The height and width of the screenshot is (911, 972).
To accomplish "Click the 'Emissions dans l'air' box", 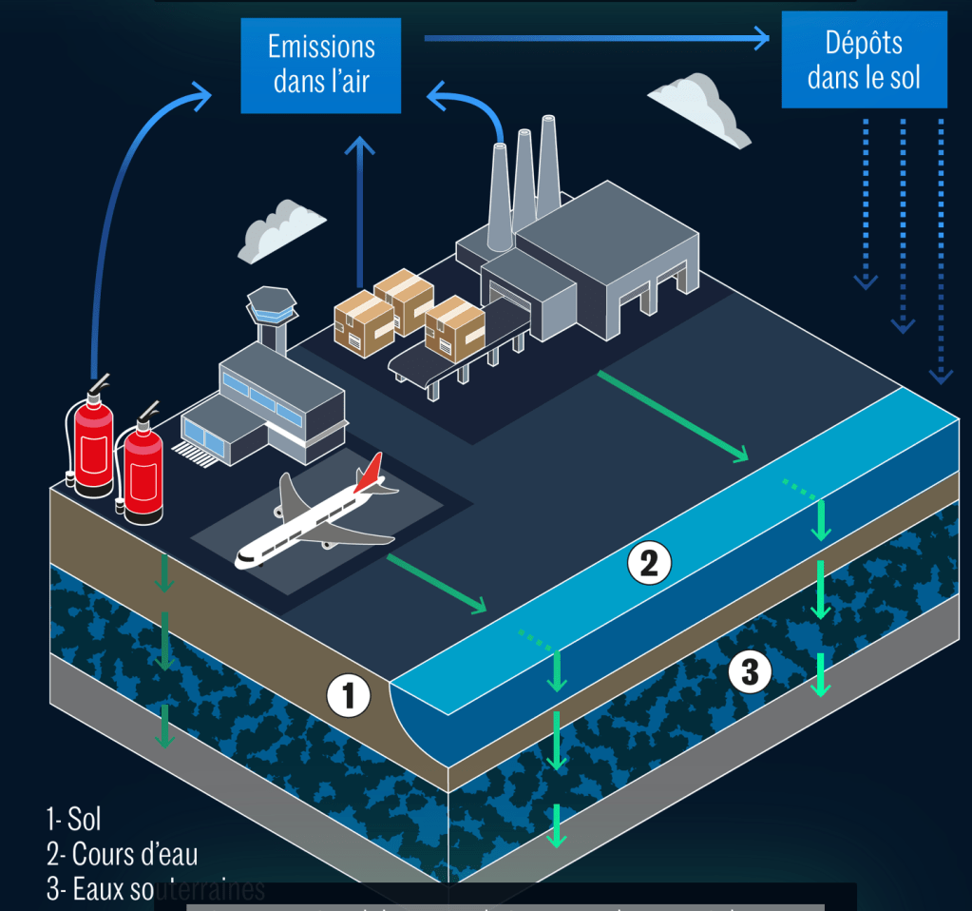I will [321, 63].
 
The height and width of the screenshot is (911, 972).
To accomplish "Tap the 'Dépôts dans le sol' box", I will [864, 59].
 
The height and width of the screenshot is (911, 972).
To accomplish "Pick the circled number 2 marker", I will [649, 564].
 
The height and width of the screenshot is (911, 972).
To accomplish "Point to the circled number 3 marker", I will [750, 672].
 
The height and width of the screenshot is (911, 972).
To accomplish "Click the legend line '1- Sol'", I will [73, 818].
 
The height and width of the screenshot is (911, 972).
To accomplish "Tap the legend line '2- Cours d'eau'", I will [122, 853].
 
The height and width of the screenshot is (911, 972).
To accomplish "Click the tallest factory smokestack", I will [547, 162].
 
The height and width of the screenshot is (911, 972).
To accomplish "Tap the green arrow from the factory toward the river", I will [673, 416].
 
